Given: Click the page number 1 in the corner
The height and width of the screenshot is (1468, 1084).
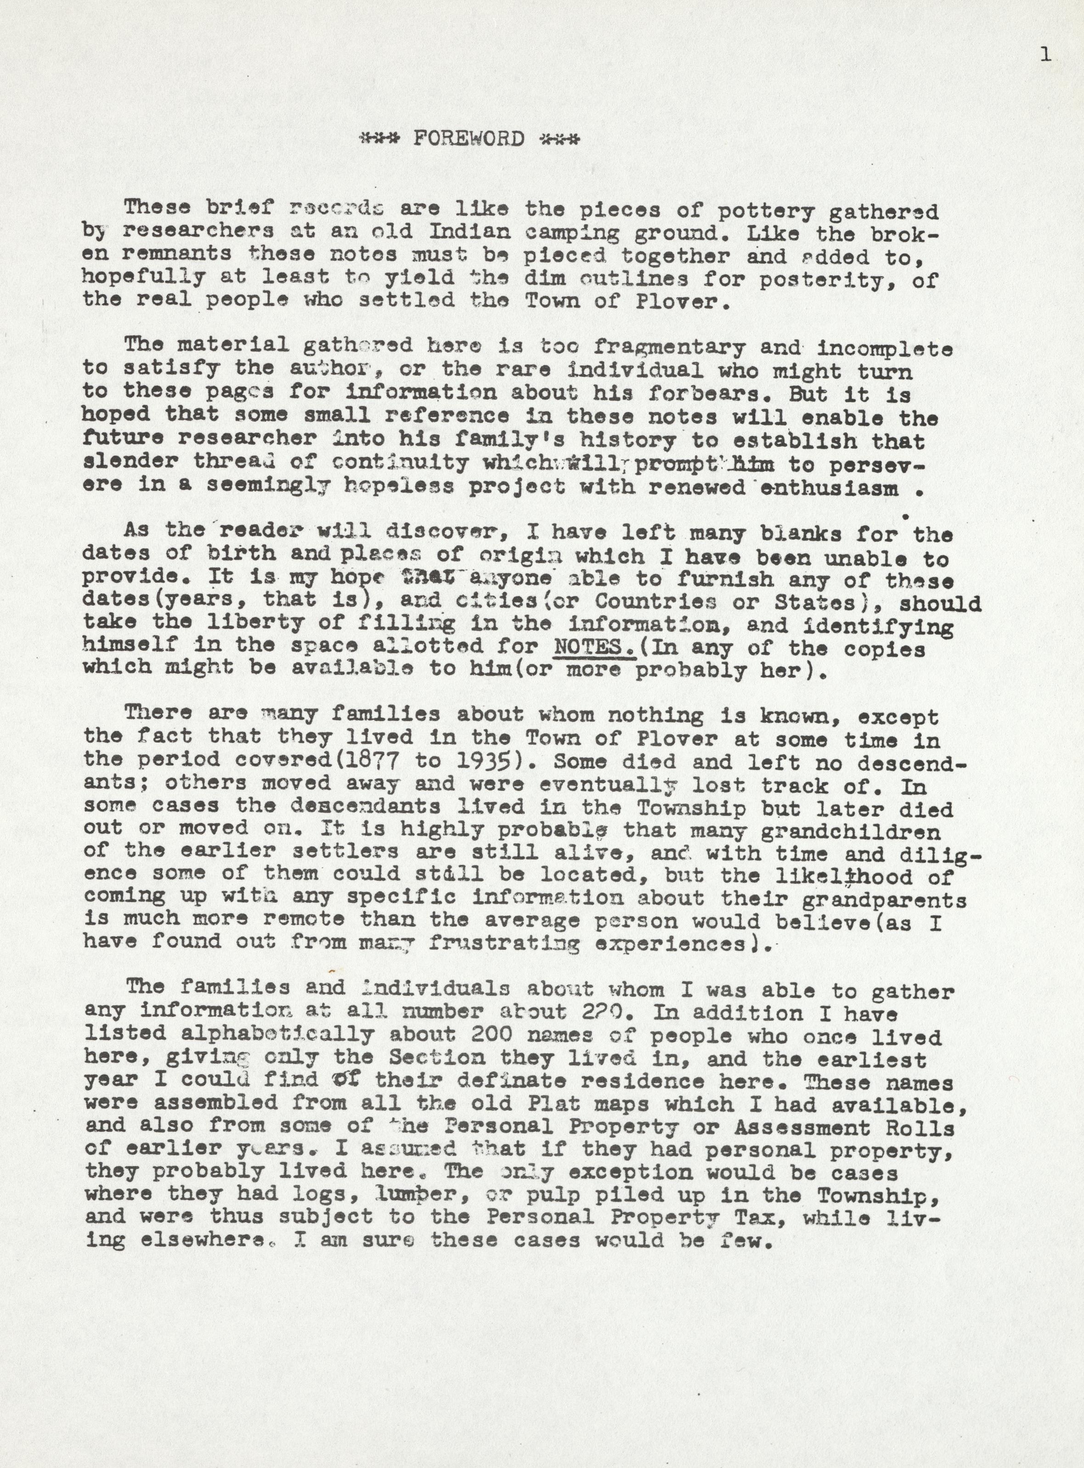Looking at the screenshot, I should point(1045,56).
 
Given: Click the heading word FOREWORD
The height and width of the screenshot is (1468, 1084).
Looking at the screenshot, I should point(469,139).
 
